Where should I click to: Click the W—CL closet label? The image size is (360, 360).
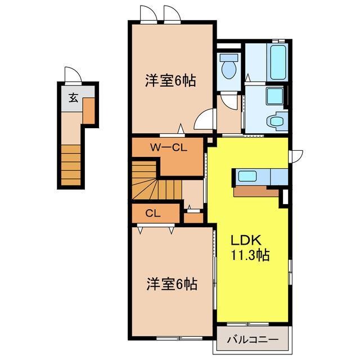point(169,147)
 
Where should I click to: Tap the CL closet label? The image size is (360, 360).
point(152,214)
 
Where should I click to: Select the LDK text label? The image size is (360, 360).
point(246,241)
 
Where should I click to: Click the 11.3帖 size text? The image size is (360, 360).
point(250,255)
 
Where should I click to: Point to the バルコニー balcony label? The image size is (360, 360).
point(253,339)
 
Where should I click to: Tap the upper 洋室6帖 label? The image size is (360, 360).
point(170,81)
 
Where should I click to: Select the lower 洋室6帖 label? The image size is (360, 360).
point(172,283)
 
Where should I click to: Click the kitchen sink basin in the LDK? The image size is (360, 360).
point(247,177)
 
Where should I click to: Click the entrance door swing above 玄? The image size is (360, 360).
point(73,75)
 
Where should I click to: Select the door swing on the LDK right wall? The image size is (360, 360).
point(296,156)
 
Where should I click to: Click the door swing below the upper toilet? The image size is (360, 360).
point(229,101)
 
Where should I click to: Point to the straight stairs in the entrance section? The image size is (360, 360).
point(71,165)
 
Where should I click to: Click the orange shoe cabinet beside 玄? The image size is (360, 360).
point(89,111)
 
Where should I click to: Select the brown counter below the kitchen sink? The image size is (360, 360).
point(256,191)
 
